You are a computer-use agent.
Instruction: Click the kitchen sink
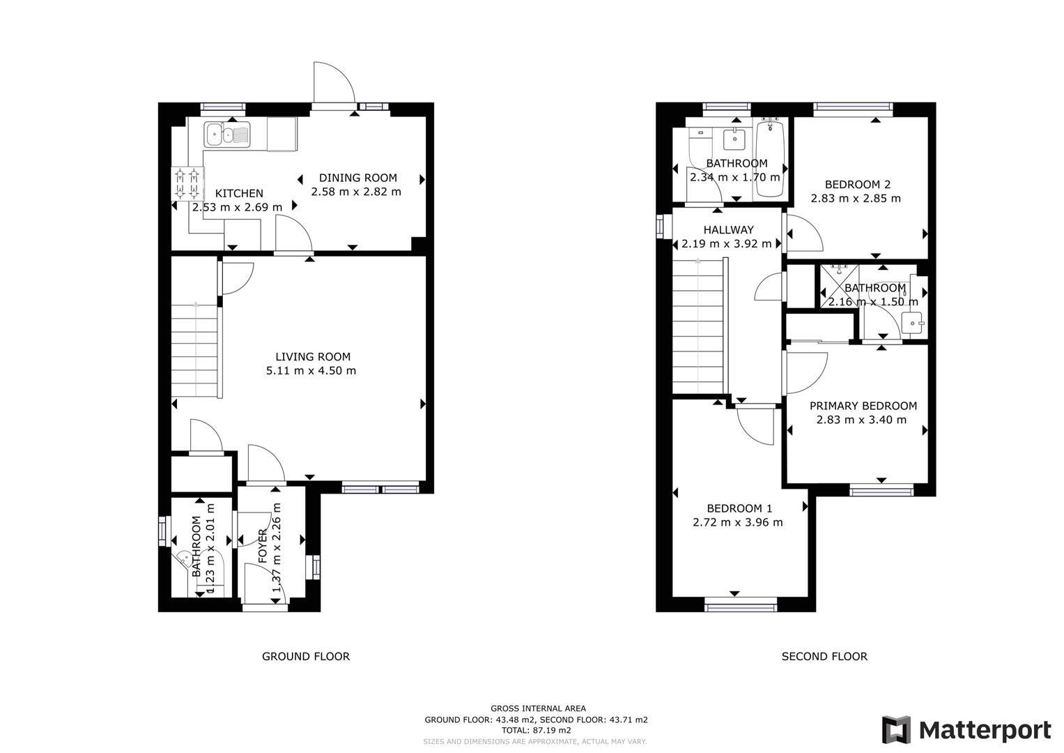227,135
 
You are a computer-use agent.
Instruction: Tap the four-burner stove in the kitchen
187,183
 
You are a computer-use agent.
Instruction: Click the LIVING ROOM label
313,356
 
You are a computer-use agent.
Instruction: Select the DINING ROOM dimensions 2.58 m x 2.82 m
356,192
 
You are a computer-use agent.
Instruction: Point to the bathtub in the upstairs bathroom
769,159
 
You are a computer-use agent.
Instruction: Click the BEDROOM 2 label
858,185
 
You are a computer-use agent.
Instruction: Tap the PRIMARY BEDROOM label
863,406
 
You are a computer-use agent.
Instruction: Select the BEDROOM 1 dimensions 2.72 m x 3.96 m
738,522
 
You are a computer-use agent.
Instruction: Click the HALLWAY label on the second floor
729,230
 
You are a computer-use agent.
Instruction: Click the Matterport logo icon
897,730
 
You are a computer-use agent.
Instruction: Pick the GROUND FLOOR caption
306,657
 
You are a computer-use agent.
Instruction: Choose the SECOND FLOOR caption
824,657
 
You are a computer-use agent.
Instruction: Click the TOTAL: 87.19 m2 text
537,730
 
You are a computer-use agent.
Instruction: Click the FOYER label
263,546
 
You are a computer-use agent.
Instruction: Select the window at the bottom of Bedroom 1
741,607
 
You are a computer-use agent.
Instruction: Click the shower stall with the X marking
840,286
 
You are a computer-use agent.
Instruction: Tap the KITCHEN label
239,194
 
